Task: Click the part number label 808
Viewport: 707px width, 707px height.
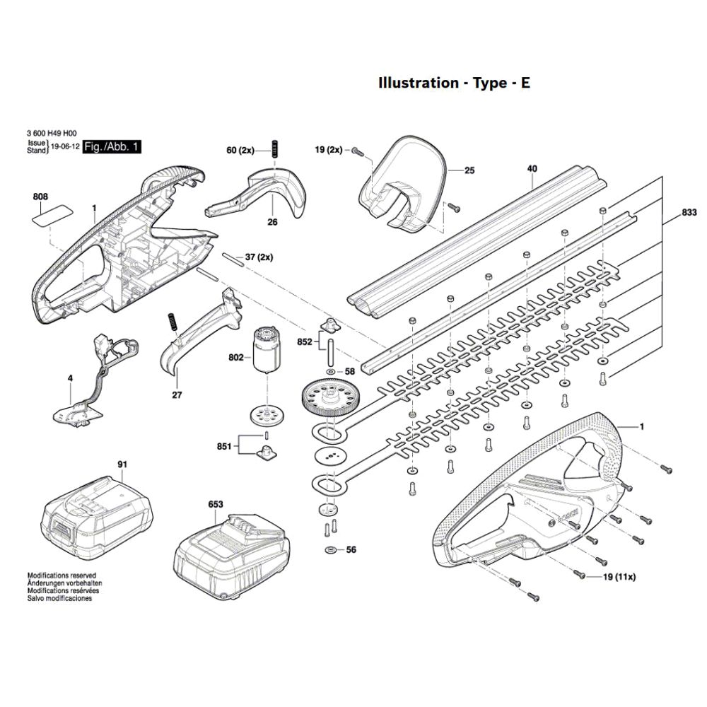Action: point(40,197)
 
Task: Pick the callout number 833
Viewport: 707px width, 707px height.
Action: point(689,213)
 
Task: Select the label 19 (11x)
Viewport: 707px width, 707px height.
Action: point(619,577)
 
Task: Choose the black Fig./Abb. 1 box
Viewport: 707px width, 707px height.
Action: point(112,146)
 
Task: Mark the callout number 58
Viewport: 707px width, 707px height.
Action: point(350,372)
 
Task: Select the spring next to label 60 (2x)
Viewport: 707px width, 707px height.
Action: point(273,148)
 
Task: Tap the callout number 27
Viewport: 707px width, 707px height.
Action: point(177,395)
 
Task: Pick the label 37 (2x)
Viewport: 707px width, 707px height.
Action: point(259,257)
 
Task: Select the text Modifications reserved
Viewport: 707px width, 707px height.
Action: point(62,575)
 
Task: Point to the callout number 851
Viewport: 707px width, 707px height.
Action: point(224,446)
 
